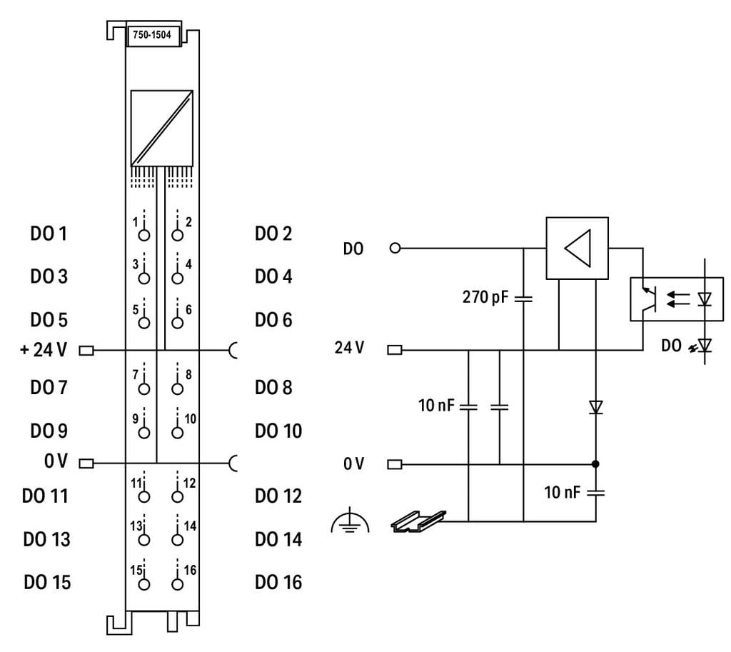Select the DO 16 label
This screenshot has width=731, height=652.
278,582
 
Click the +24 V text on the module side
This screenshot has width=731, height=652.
44,350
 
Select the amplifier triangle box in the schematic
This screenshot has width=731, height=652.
577,248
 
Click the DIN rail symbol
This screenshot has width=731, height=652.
418,521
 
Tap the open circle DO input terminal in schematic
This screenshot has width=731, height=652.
395,249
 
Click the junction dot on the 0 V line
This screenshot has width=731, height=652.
595,465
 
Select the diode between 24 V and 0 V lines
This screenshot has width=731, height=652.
595,408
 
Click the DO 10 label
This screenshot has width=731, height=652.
278,431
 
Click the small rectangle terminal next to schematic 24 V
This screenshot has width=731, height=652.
395,350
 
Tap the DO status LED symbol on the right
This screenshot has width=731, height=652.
705,346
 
